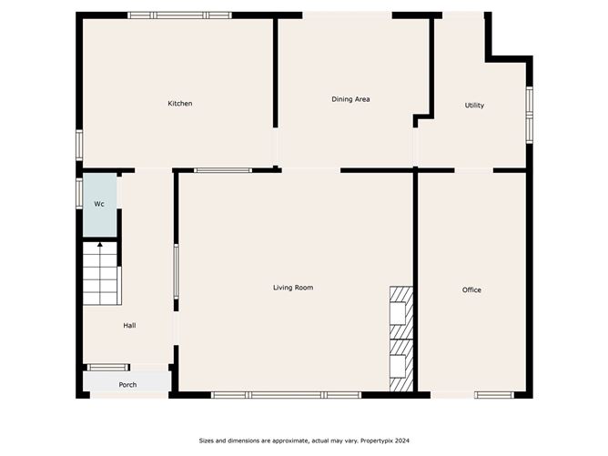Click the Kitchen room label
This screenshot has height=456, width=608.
pyautogui.click(x=179, y=104)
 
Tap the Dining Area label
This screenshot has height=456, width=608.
pyautogui.click(x=350, y=99)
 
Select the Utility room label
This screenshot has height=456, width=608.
pyautogui.click(x=474, y=106)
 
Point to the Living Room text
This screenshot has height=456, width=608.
pyautogui.click(x=293, y=288)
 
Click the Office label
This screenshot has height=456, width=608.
pyautogui.click(x=471, y=290)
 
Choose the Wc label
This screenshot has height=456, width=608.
pyautogui.click(x=99, y=204)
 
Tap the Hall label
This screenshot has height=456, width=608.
pyautogui.click(x=130, y=325)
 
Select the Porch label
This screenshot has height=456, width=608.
pyautogui.click(x=128, y=385)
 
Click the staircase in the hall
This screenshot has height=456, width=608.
pyautogui.click(x=100, y=274)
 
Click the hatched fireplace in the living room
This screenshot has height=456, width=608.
pyautogui.click(x=401, y=339)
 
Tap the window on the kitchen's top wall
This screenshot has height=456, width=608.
pyautogui.click(x=179, y=15)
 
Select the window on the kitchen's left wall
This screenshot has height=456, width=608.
pyautogui.click(x=79, y=146)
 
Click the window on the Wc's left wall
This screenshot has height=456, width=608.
pyautogui.click(x=79, y=193)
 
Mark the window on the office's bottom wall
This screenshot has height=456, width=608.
pyautogui.click(x=493, y=395)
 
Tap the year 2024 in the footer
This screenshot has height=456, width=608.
pyautogui.click(x=399, y=441)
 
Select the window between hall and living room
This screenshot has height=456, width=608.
pyautogui.click(x=176, y=272)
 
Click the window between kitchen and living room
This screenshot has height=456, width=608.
pyautogui.click(x=223, y=170)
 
